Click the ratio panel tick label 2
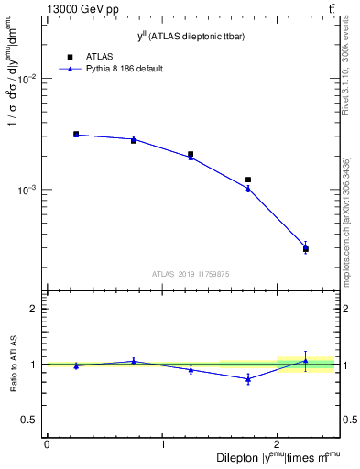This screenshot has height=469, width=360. click(31, 310)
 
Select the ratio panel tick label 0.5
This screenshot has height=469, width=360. click(27, 420)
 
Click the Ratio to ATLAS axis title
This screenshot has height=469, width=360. click(13, 364)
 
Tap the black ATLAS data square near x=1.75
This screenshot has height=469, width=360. click(248, 180)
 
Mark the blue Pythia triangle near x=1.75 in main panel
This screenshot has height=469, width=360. click(248, 189)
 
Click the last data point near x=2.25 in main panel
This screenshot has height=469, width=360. click(306, 248)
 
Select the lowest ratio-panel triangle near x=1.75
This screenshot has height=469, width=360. click(248, 378)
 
